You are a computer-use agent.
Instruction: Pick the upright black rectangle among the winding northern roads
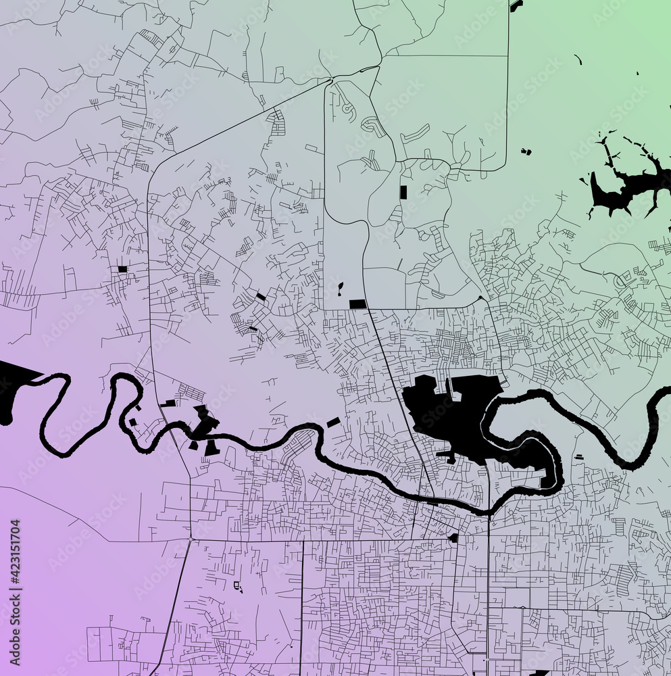pyautogui.click(x=403, y=192)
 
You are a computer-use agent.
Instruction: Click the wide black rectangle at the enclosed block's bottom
pyautogui.click(x=357, y=304)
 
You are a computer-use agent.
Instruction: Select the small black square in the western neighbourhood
pyautogui.click(x=122, y=269)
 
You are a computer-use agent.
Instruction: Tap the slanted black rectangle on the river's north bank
pyautogui.click(x=333, y=422)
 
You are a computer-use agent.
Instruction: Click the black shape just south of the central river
pyautogui.click(x=453, y=538)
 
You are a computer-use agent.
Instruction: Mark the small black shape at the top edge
pyautogui.click(x=516, y=5)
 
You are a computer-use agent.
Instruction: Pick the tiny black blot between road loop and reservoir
pyautogui.click(x=525, y=151)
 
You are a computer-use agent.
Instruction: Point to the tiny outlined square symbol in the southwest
pyautogui.click(x=237, y=585)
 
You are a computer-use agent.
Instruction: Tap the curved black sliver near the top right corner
pyautogui.click(x=578, y=60)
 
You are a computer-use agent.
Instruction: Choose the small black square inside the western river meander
pyautogui.click(x=132, y=422)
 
